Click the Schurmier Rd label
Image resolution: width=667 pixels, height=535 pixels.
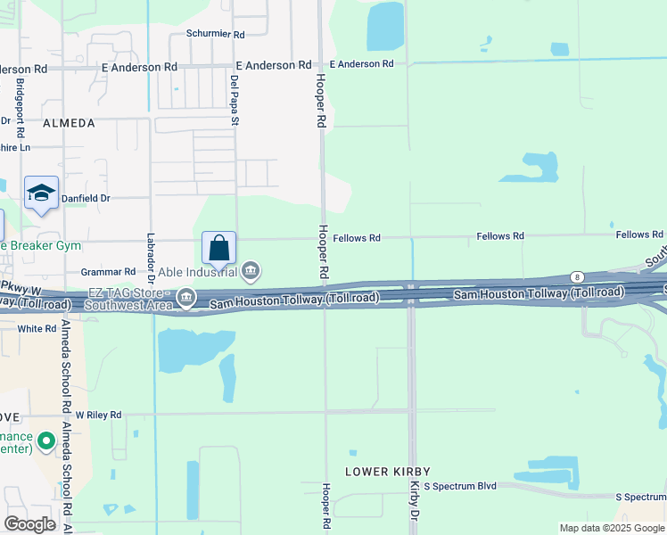click(x=215, y=34)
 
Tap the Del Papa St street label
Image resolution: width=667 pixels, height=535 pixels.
click(x=235, y=100)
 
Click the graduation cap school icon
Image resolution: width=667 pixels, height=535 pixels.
click(x=41, y=193)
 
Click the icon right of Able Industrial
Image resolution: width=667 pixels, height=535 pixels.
click(x=251, y=270)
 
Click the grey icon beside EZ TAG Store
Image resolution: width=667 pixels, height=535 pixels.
click(x=185, y=296)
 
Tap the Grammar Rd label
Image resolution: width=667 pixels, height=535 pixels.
click(x=108, y=271)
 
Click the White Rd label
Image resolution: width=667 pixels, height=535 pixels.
click(x=37, y=328)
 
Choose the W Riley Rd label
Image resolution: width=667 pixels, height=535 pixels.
click(x=98, y=415)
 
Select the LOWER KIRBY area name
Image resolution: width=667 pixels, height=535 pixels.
click(x=388, y=471)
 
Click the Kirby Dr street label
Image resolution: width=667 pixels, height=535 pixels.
click(x=415, y=501)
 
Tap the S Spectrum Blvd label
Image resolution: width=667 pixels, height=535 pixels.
click(x=459, y=486)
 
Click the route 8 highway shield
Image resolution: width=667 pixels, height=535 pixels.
click(x=578, y=277)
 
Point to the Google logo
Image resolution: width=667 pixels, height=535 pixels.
click(x=29, y=523)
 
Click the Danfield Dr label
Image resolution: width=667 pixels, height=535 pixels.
click(x=85, y=198)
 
